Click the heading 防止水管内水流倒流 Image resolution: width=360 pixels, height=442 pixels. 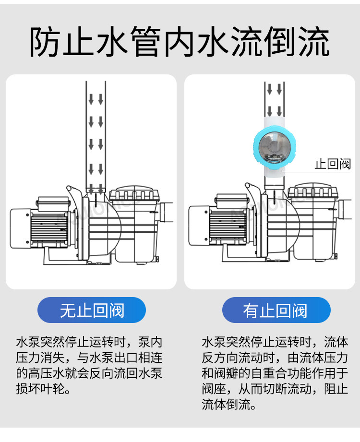pos(180,43)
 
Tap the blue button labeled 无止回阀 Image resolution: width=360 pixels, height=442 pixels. pos(92,310)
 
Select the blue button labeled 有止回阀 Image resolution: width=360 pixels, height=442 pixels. pos(276,310)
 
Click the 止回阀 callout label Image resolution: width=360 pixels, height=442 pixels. pos(333,164)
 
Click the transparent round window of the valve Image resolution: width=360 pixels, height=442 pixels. pos(272,144)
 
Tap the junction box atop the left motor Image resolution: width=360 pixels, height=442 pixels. pos(50,202)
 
